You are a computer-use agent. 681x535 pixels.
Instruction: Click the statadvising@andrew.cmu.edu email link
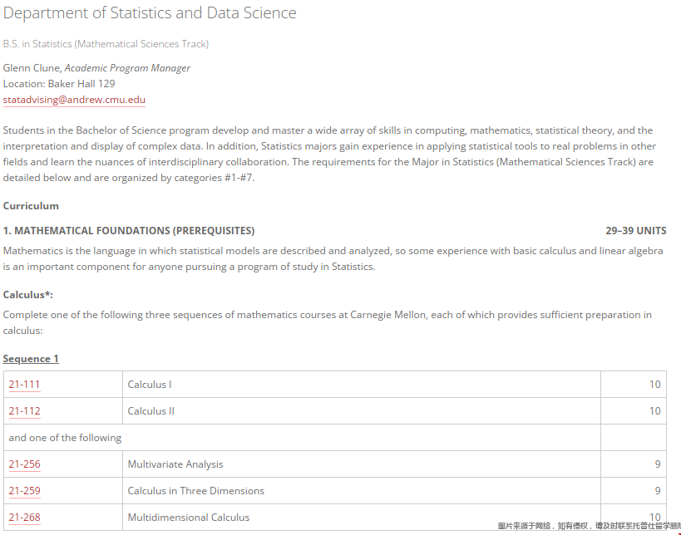point(74,100)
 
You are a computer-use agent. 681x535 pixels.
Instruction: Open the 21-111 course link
point(24,385)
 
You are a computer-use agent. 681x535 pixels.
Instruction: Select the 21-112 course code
point(24,411)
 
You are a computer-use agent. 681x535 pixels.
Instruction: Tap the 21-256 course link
point(24,464)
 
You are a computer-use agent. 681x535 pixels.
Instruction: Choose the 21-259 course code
point(24,491)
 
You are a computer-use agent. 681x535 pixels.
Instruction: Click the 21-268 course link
point(24,518)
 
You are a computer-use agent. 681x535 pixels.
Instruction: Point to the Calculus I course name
point(150,385)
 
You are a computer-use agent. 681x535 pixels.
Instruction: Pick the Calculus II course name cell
point(151,411)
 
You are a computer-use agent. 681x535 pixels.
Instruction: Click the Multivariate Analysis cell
point(175,464)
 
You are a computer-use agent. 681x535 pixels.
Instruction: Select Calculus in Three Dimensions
point(196,491)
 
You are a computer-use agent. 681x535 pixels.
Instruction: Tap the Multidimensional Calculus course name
point(189,518)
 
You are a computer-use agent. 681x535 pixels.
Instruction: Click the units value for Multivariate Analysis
point(658,464)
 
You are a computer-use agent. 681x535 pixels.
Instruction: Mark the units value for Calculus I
point(655,385)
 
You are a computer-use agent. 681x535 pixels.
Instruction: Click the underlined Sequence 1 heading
point(31,359)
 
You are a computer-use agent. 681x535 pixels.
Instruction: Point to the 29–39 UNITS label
point(636,231)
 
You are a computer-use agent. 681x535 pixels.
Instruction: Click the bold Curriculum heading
point(31,206)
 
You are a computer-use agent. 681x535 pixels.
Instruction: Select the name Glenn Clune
point(32,68)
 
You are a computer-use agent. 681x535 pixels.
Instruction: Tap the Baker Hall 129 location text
point(81,84)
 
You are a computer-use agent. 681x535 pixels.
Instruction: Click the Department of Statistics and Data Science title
point(150,13)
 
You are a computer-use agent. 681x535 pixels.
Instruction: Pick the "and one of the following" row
point(65,438)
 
